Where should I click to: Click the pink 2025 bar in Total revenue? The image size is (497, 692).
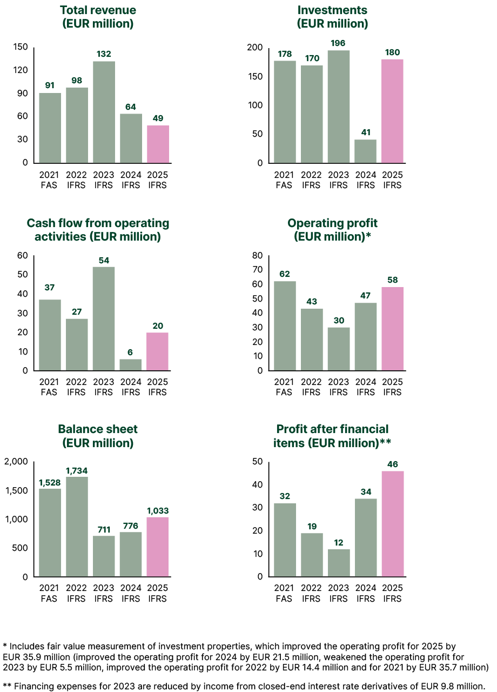(158, 144)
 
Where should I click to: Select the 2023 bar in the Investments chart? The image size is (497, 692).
(338, 107)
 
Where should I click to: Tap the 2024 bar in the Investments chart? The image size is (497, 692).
(365, 151)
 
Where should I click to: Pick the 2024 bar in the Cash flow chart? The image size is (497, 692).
(131, 365)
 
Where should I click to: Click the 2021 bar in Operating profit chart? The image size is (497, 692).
(284, 326)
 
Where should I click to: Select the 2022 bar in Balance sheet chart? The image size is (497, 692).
(77, 527)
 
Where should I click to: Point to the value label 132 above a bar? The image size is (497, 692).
(104, 54)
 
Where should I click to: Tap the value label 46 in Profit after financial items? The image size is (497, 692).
(392, 464)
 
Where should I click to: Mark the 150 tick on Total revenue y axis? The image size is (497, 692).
(21, 47)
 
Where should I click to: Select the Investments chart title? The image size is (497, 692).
(332, 17)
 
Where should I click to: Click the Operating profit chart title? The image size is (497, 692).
(332, 230)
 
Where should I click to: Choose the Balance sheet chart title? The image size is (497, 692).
(98, 436)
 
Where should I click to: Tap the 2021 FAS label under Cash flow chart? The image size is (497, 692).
(50, 387)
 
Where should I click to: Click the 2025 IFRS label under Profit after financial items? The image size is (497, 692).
(392, 593)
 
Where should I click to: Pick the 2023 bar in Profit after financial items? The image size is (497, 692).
(338, 563)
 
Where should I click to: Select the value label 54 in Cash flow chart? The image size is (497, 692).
(104, 261)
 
